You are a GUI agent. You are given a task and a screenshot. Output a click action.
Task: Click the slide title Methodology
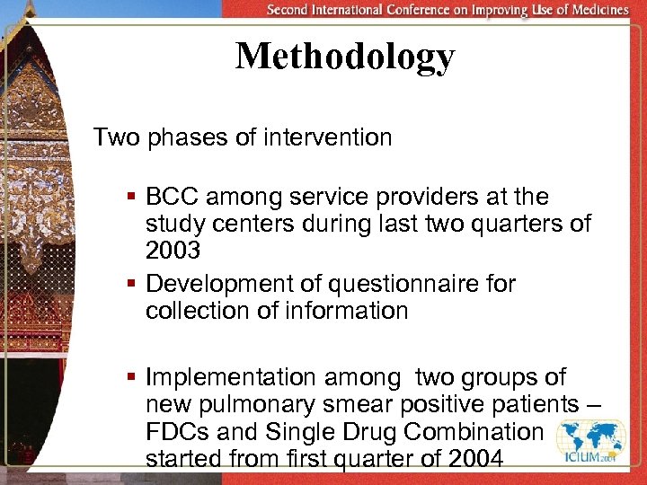(x=345, y=57)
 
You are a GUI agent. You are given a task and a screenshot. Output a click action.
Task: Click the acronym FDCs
(x=177, y=432)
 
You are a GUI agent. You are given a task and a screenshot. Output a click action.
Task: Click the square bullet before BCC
(x=131, y=197)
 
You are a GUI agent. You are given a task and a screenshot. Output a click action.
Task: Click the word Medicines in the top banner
(x=599, y=10)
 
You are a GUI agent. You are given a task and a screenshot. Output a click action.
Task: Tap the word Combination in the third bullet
(x=474, y=432)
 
